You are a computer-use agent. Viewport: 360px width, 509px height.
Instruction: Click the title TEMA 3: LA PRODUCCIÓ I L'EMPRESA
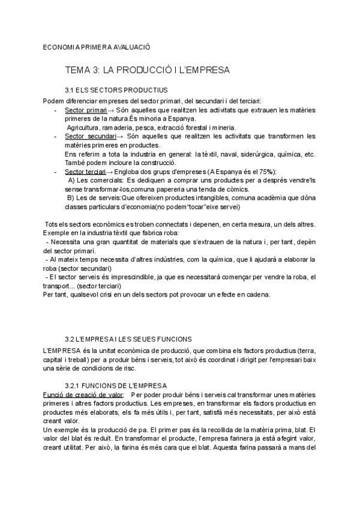147,70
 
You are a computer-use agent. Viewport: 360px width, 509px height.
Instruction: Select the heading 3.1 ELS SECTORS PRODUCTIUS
116,90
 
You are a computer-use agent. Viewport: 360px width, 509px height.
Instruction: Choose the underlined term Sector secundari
90,137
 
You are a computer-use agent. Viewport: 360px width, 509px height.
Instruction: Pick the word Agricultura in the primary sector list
85,128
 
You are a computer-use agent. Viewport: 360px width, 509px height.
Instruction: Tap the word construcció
155,163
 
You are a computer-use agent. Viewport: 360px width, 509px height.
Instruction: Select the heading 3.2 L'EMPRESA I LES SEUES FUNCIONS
128,339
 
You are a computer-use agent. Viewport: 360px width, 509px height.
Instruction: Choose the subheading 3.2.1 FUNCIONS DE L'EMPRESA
116,385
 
